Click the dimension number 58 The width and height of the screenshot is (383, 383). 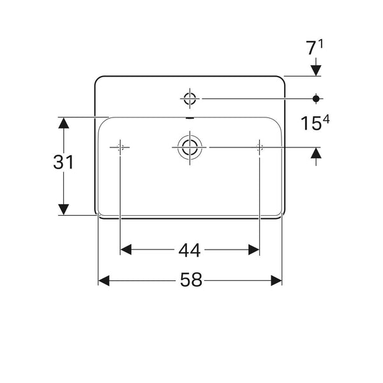(x=191, y=280)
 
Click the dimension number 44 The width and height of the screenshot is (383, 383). (x=190, y=250)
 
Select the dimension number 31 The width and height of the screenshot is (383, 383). (x=63, y=162)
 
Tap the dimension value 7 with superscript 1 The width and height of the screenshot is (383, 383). (x=314, y=47)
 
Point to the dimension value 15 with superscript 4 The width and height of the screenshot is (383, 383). (x=315, y=123)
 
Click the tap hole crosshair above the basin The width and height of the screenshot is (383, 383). (x=190, y=99)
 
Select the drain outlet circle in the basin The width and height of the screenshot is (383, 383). (x=190, y=147)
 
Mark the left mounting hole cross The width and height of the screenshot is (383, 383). (x=120, y=147)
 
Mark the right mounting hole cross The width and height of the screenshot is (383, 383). (x=259, y=147)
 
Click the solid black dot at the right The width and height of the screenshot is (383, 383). (x=316, y=99)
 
